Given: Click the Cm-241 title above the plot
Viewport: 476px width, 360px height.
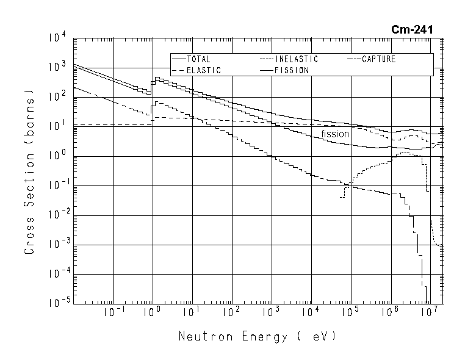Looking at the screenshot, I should [413, 29].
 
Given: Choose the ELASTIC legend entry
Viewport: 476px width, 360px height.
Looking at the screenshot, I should [203, 71].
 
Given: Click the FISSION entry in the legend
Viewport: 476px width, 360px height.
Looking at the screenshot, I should [292, 71].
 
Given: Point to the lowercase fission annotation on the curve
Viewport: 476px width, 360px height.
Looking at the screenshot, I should [335, 134].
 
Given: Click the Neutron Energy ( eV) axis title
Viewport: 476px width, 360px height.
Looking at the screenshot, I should [257, 337].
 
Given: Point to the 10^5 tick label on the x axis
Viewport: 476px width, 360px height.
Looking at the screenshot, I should [350, 313].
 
